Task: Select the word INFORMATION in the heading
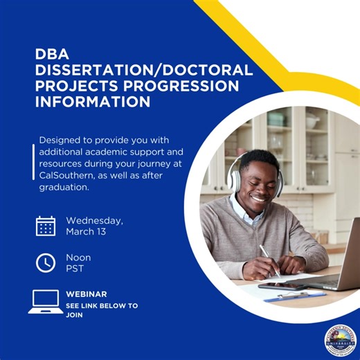93,102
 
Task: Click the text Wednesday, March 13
94,226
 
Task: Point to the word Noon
78,258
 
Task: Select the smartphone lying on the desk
277,286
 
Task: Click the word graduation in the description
64,187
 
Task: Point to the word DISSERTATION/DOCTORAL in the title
145,71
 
